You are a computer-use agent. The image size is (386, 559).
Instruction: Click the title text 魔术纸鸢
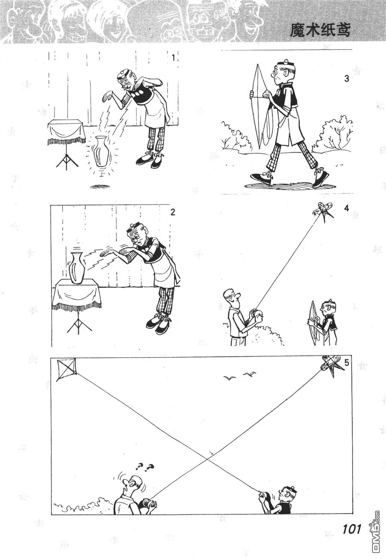click(x=320, y=31)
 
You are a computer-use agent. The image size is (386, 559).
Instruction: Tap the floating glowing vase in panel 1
click(x=101, y=151)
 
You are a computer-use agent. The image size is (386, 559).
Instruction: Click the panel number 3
click(x=346, y=78)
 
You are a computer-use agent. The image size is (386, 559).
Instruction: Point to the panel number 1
click(x=174, y=58)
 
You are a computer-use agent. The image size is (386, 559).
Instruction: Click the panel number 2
click(x=172, y=213)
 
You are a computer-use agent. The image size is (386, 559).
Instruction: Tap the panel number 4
click(x=346, y=208)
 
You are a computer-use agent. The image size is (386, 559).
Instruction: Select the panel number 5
click(x=346, y=363)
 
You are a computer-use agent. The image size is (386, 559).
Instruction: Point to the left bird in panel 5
click(x=230, y=378)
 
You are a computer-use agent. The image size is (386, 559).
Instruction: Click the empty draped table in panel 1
click(x=66, y=132)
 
